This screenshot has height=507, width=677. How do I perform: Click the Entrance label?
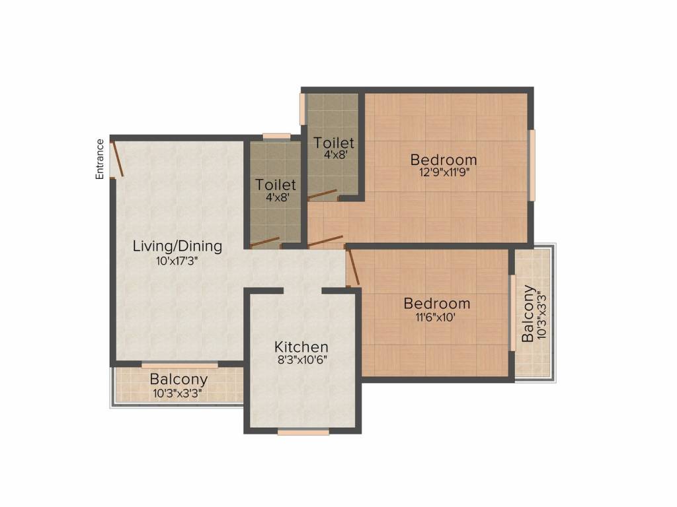(x=100, y=159)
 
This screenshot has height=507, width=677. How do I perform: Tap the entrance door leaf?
(x=118, y=159)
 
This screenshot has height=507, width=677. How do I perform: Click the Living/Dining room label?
(x=177, y=246)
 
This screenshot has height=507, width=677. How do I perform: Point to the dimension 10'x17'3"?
(x=177, y=261)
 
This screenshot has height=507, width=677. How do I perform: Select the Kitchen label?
(x=301, y=347)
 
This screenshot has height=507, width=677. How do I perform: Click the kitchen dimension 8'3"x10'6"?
(x=301, y=360)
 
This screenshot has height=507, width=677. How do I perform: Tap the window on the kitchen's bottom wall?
(x=303, y=432)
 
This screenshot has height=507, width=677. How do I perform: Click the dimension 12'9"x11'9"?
(x=444, y=172)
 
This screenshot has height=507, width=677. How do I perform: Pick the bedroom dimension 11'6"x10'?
(x=436, y=318)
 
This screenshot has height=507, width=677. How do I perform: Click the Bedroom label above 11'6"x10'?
(x=437, y=304)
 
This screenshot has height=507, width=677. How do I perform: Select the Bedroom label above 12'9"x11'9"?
(x=444, y=160)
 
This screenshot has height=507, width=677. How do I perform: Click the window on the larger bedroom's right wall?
(x=532, y=165)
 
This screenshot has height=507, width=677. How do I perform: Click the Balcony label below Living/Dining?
(x=179, y=380)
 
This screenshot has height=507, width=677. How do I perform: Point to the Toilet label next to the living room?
(x=276, y=185)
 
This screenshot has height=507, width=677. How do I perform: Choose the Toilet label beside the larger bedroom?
(x=334, y=143)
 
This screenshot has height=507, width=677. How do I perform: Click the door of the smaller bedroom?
(x=353, y=267)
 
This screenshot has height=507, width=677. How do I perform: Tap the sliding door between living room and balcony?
(x=180, y=366)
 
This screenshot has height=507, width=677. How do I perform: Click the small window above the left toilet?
(x=277, y=137)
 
